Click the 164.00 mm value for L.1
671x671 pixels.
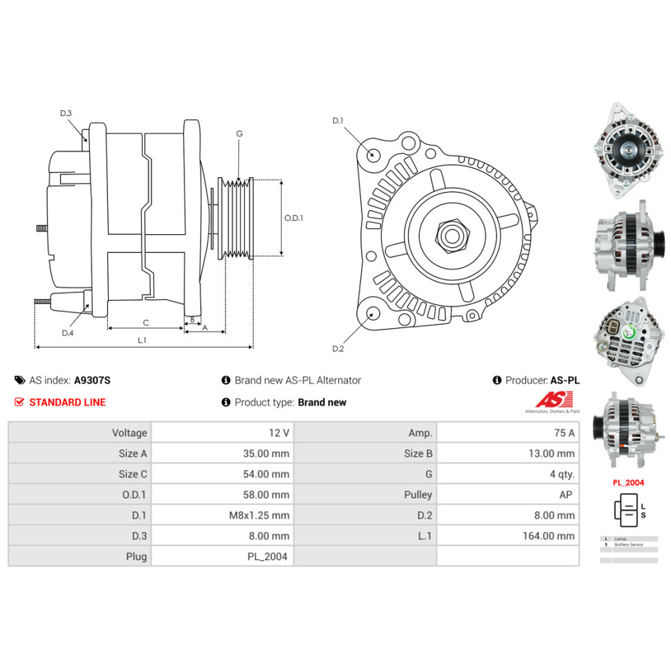pyautogui.click(x=549, y=535)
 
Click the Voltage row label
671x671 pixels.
pyautogui.click(x=130, y=433)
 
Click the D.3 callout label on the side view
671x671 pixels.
pyautogui.click(x=65, y=113)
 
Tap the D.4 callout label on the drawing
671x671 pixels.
pyautogui.click(x=67, y=333)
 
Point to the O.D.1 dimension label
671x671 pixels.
pyautogui.click(x=294, y=218)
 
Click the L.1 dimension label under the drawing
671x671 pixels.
pyautogui.click(x=142, y=341)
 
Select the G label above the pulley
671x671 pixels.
pyautogui.click(x=239, y=134)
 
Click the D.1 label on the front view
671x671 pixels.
pyautogui.click(x=338, y=121)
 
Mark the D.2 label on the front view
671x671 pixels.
pyautogui.click(x=338, y=349)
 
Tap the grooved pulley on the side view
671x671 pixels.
pyautogui.click(x=237, y=218)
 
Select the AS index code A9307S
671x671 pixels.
pyautogui.click(x=92, y=380)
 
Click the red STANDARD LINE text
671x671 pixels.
pyautogui.click(x=67, y=403)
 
